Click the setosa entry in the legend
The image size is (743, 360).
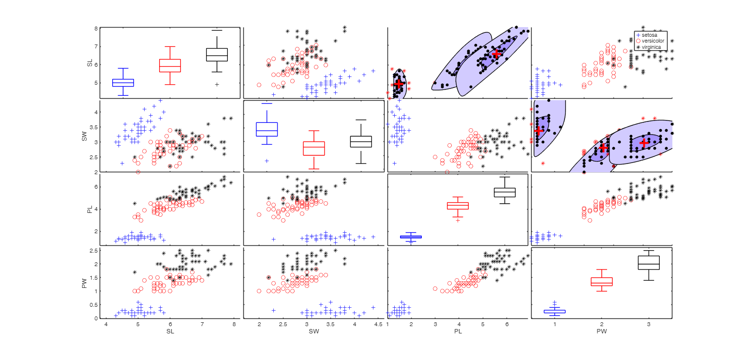point(651,35)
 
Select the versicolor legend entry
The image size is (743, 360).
point(653,41)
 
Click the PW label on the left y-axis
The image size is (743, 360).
point(85,283)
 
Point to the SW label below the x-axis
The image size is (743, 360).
point(313,331)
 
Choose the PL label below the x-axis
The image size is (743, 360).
point(457,331)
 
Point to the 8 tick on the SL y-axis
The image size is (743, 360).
point(96,29)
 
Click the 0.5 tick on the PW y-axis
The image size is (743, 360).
point(94,305)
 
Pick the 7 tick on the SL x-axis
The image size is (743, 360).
point(202,324)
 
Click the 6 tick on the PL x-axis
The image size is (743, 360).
point(506,324)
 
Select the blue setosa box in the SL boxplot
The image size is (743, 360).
point(123,83)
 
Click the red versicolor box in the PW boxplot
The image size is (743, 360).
point(602,282)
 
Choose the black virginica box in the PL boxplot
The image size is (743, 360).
point(505,192)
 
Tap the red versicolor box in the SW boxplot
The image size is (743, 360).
point(313,148)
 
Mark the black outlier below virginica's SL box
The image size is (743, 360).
point(217,84)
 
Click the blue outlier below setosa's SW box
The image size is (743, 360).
point(267,161)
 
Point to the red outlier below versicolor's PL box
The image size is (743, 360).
point(458,220)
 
